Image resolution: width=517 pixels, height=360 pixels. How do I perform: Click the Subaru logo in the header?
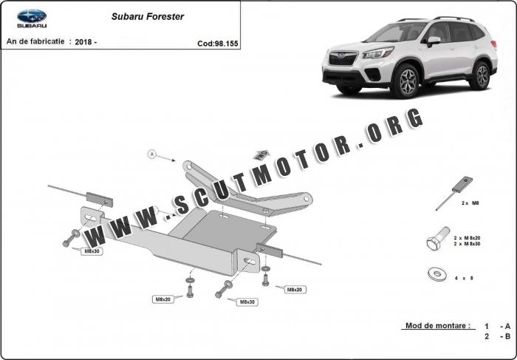tap(32, 18)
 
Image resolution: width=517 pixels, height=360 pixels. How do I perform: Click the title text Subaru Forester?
tap(148, 17)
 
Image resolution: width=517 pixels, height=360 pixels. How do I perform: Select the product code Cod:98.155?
tap(218, 44)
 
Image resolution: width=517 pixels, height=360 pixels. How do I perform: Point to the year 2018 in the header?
tap(83, 42)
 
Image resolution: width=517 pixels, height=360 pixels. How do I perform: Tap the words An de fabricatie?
tap(35, 41)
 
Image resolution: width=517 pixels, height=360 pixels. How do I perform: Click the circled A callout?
tap(151, 154)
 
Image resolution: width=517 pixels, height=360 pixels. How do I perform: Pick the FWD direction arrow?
tap(261, 154)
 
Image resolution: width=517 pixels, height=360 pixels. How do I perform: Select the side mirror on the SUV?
tap(434, 41)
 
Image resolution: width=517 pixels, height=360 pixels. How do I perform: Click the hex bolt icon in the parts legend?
tap(438, 238)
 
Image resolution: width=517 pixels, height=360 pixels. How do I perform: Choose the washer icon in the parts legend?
tap(437, 274)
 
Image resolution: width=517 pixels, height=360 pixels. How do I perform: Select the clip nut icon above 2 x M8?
tap(454, 194)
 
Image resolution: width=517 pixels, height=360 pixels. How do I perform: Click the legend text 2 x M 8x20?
tap(467, 238)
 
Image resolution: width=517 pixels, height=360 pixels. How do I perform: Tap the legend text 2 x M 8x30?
tap(467, 244)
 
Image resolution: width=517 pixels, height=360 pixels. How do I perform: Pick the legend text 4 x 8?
tap(464, 278)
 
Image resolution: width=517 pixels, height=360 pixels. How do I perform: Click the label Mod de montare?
tap(438, 326)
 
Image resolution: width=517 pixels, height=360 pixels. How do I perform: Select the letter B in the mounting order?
tap(507, 336)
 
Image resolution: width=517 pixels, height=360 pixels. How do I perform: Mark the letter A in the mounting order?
tap(507, 326)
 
